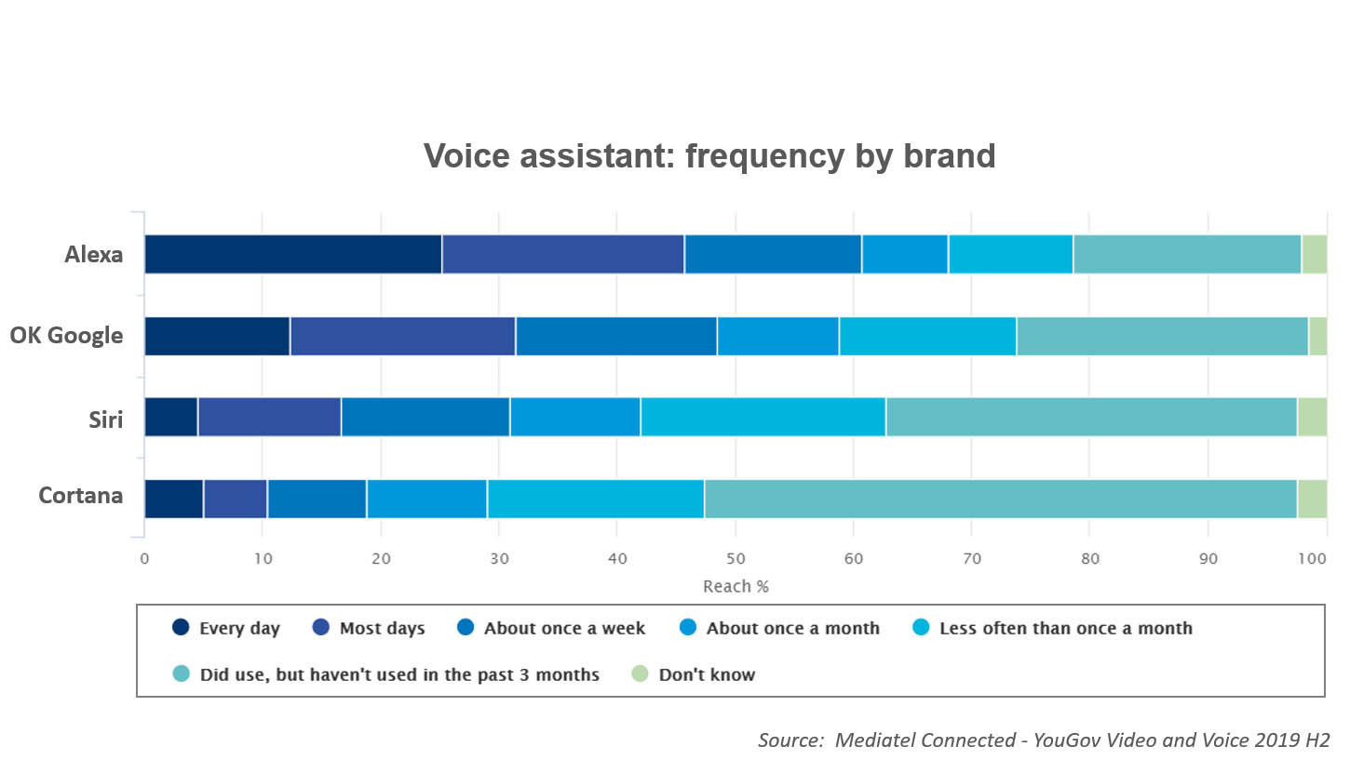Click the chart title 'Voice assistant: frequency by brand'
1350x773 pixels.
(x=709, y=156)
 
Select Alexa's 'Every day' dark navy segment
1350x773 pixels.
(x=293, y=254)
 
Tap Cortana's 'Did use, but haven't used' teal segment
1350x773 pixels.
(x=1001, y=500)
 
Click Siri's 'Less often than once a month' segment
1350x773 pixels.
(x=763, y=417)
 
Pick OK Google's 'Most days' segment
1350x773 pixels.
(x=402, y=336)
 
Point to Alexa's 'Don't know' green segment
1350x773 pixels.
(x=1315, y=254)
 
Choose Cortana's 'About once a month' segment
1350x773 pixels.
(x=426, y=500)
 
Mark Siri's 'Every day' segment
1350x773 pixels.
(x=171, y=417)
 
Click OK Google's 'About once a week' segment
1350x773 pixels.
(x=616, y=336)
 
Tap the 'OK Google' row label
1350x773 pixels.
(x=66, y=335)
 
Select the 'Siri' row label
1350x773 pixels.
(x=106, y=420)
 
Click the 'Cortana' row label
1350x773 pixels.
(x=81, y=496)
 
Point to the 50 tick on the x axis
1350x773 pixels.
(x=736, y=559)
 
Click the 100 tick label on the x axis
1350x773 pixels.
(x=1312, y=559)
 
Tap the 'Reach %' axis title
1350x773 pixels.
(x=736, y=586)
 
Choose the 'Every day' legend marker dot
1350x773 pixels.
(x=181, y=627)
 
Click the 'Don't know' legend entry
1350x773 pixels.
(x=693, y=674)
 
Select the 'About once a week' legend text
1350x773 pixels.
(x=565, y=628)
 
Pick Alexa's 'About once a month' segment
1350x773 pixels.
(x=905, y=254)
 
